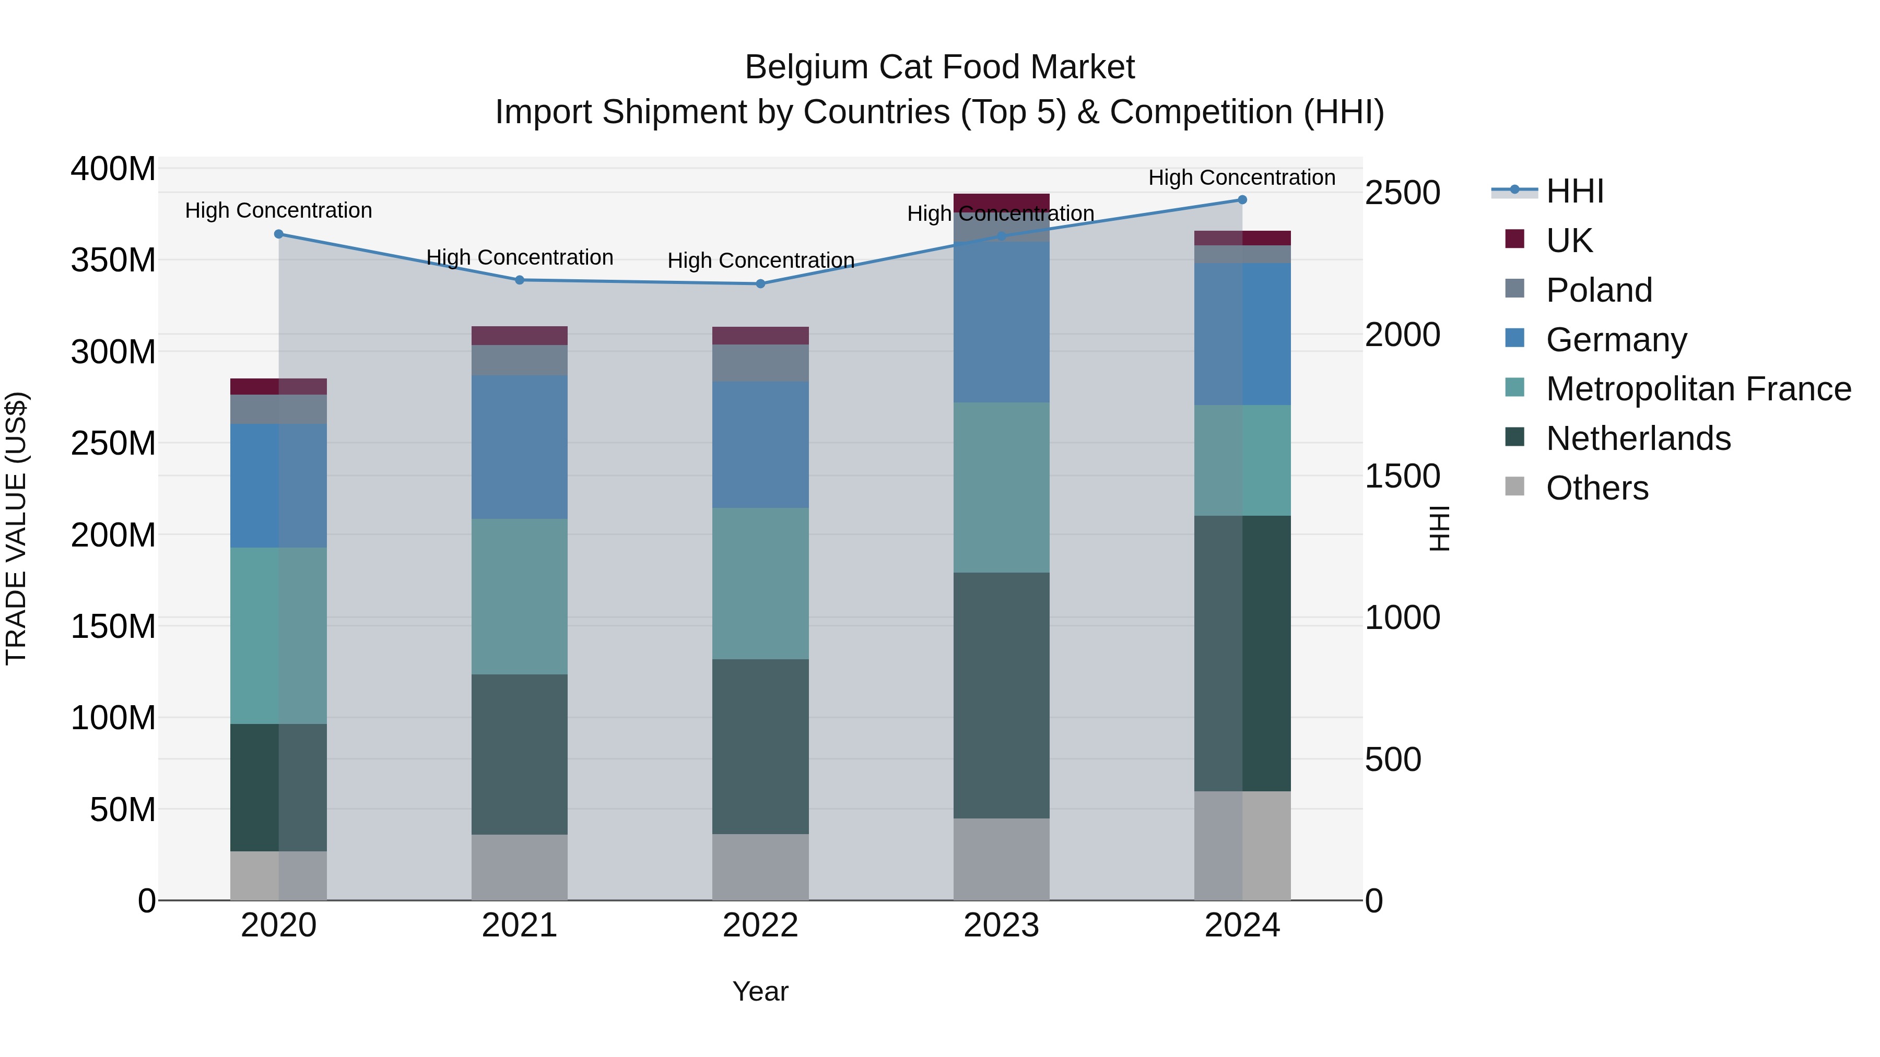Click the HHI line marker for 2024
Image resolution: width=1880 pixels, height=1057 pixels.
pos(1242,200)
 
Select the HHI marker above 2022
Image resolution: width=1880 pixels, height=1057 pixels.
pos(760,284)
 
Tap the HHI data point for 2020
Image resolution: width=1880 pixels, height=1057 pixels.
pos(279,234)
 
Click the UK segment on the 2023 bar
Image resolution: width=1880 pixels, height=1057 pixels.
pos(1001,202)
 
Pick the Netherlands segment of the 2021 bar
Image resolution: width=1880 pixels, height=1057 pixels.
pos(520,754)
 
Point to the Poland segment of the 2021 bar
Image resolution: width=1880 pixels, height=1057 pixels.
pos(520,360)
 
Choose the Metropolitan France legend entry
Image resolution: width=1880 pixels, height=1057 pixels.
pos(1698,389)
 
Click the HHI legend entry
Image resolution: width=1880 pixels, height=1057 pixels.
pos(1574,191)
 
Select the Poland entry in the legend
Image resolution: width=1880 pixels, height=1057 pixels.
pos(1599,290)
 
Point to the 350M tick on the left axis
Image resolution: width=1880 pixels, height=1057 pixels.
pos(113,260)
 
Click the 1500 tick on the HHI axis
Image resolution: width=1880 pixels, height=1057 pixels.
pos(1402,477)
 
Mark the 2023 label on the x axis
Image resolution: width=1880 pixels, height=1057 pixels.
pos(1001,925)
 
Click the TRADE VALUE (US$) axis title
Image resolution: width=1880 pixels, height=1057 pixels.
pos(17,528)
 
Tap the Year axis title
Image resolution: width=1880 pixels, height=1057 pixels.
pos(760,991)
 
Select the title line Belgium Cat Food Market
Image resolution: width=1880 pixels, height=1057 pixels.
pos(939,67)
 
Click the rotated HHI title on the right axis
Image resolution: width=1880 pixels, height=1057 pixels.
pos(1439,528)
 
